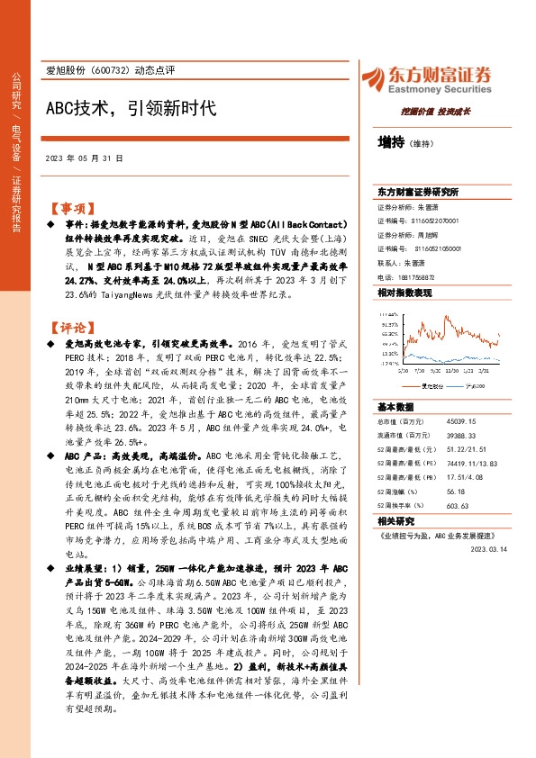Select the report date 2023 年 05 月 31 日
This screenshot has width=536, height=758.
[83, 158]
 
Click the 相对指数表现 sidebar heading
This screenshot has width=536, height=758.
[404, 293]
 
